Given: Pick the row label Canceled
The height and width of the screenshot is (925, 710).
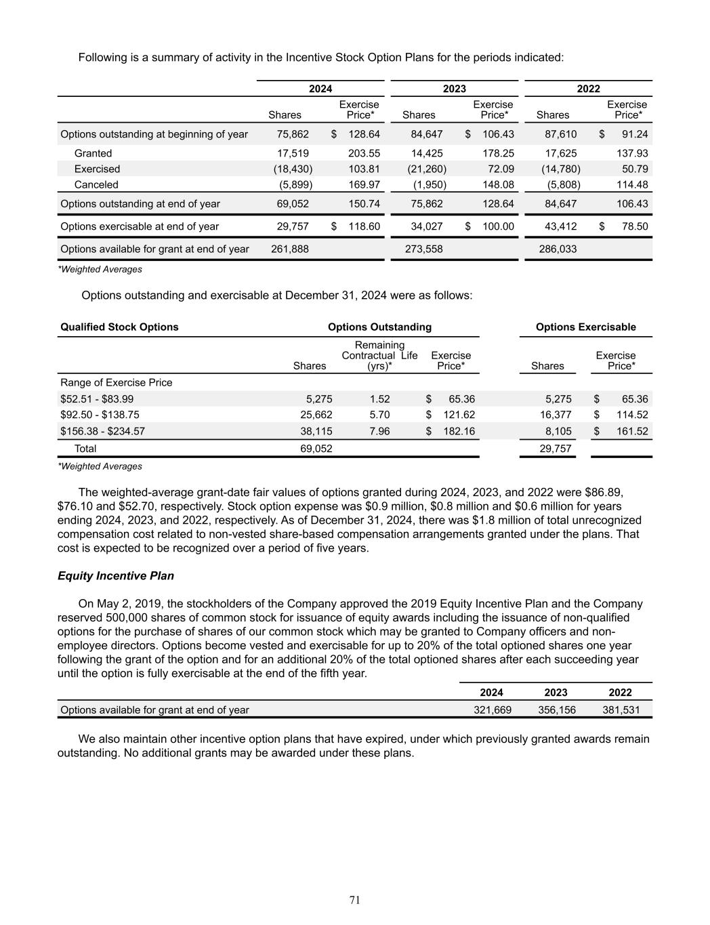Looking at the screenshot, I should pyautogui.click(x=96, y=184).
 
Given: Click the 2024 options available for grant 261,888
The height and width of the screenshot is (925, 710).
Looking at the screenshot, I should pyautogui.click(x=289, y=249).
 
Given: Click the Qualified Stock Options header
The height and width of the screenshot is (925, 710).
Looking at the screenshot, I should pyautogui.click(x=119, y=327).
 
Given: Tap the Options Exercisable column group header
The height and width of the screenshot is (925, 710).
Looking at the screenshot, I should pyautogui.click(x=585, y=327).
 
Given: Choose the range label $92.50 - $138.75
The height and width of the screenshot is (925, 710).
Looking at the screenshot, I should pyautogui.click(x=100, y=415).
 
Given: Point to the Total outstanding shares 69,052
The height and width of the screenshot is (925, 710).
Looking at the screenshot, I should pyautogui.click(x=316, y=449).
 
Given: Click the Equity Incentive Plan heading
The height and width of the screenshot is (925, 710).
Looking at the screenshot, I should pyautogui.click(x=116, y=576).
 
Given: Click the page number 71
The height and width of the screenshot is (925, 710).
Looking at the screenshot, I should pyautogui.click(x=355, y=900).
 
